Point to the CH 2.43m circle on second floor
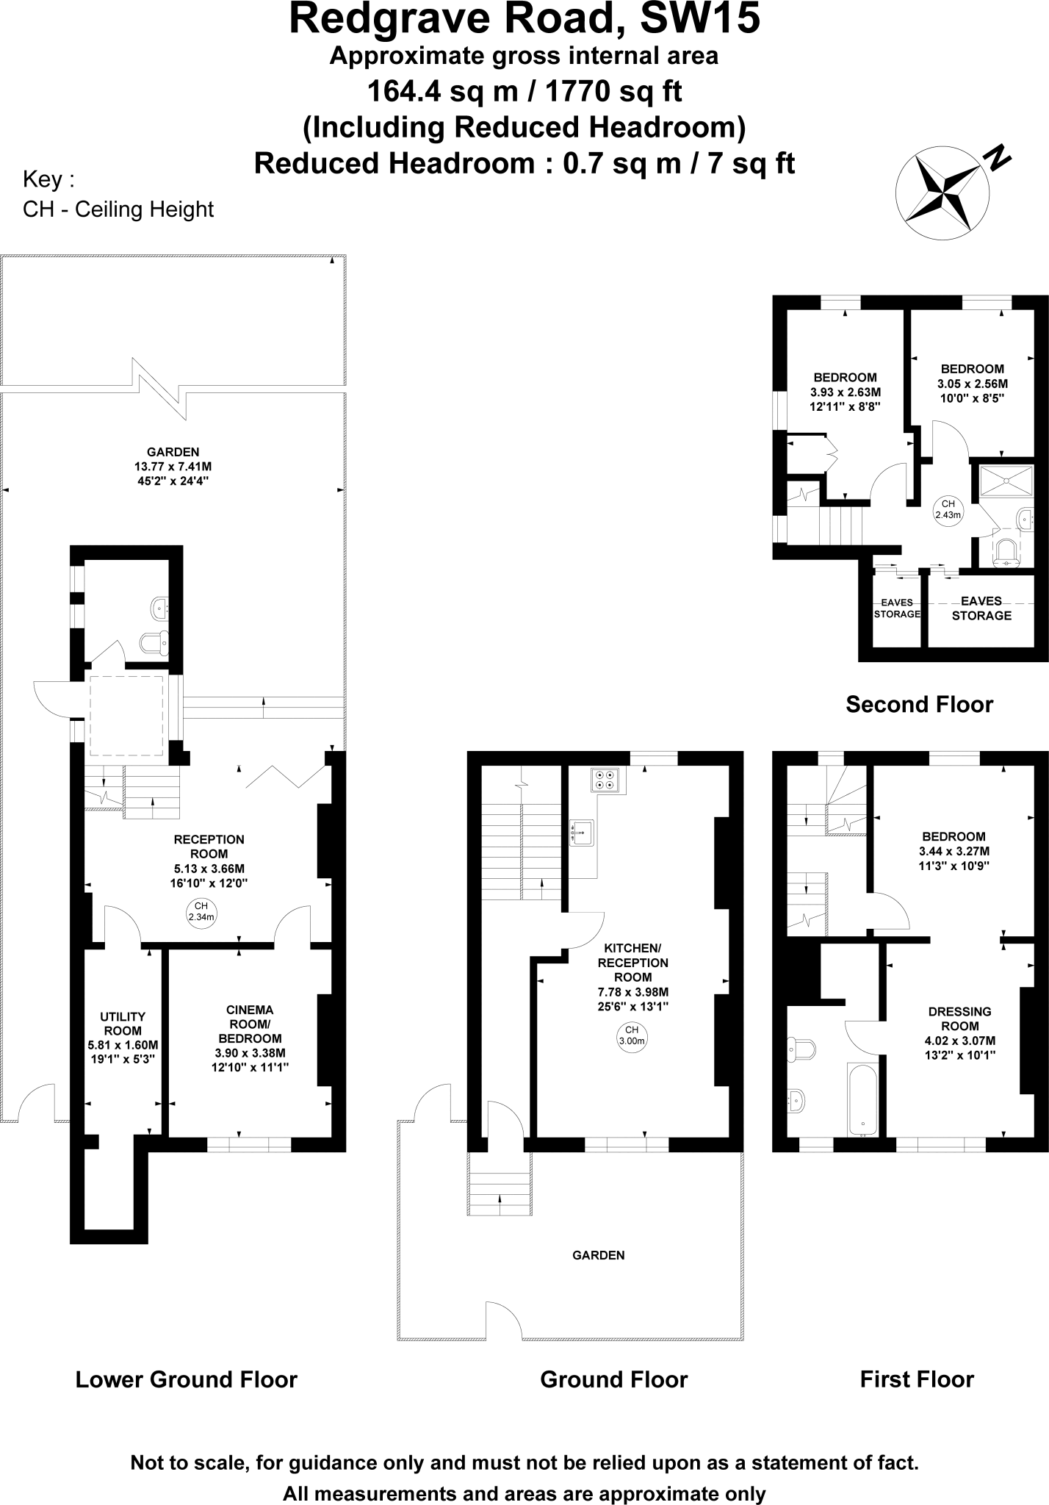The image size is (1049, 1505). tap(948, 509)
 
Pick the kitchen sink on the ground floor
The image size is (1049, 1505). tap(581, 833)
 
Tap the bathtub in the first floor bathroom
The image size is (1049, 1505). tap(862, 1098)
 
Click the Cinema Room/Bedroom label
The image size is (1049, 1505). tap(250, 1024)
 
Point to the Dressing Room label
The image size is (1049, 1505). tap(959, 1019)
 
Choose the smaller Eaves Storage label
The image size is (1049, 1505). tap(896, 608)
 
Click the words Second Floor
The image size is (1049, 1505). tap(919, 704)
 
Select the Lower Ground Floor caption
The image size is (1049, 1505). tap(186, 1379)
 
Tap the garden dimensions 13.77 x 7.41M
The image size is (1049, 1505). tap(173, 467)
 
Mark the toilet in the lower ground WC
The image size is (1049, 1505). tap(155, 642)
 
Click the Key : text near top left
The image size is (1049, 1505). tap(48, 179)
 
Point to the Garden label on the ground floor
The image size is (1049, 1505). tap(598, 1255)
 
